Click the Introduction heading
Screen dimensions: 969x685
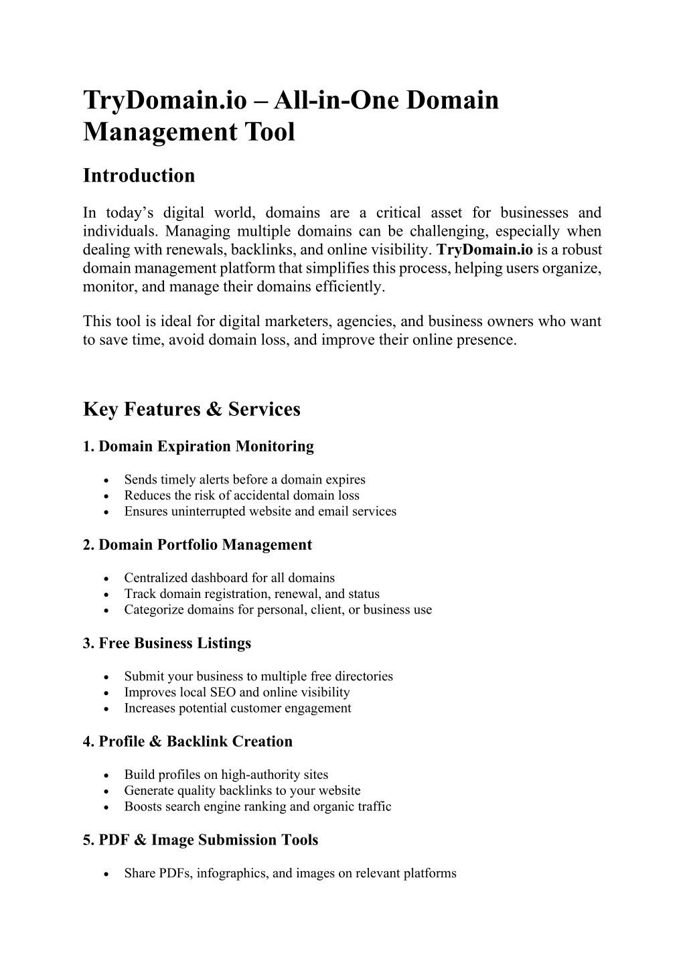click(139, 175)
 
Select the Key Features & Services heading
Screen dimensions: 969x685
click(192, 409)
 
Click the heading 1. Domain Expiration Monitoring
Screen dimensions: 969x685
click(198, 447)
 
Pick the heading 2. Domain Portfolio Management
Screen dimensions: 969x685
click(198, 545)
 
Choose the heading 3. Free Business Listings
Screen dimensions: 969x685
click(167, 644)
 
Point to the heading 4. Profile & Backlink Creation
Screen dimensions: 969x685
click(187, 742)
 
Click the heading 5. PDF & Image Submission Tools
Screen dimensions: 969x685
click(200, 840)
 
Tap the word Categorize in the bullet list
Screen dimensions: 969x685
click(152, 610)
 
